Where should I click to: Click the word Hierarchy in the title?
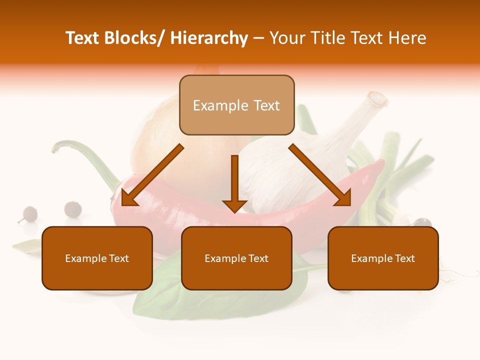point(209,38)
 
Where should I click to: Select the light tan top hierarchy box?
point(236,105)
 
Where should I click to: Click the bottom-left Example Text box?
point(97,258)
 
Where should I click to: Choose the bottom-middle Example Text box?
point(236,258)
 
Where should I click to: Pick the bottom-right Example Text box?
point(383,258)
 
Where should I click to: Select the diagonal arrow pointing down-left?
point(152,175)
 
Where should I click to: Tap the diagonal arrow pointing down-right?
point(320,175)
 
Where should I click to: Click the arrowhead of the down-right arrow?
point(344,198)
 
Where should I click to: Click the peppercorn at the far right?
point(422,222)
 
